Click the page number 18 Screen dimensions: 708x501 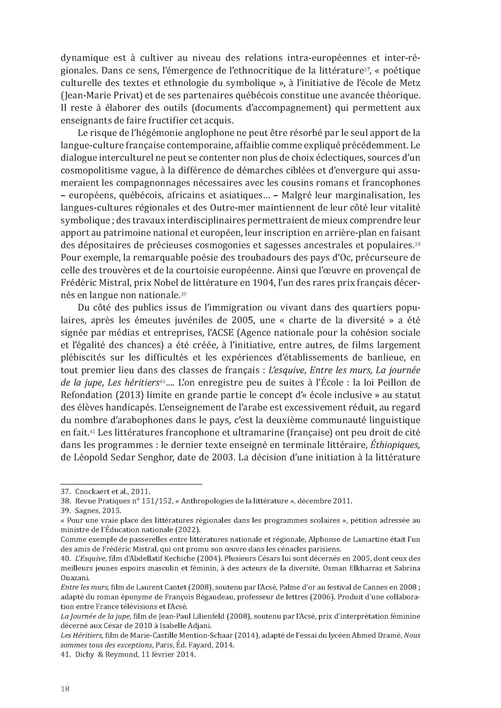[65, 688]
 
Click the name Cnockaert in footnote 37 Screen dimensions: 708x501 [91, 492]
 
